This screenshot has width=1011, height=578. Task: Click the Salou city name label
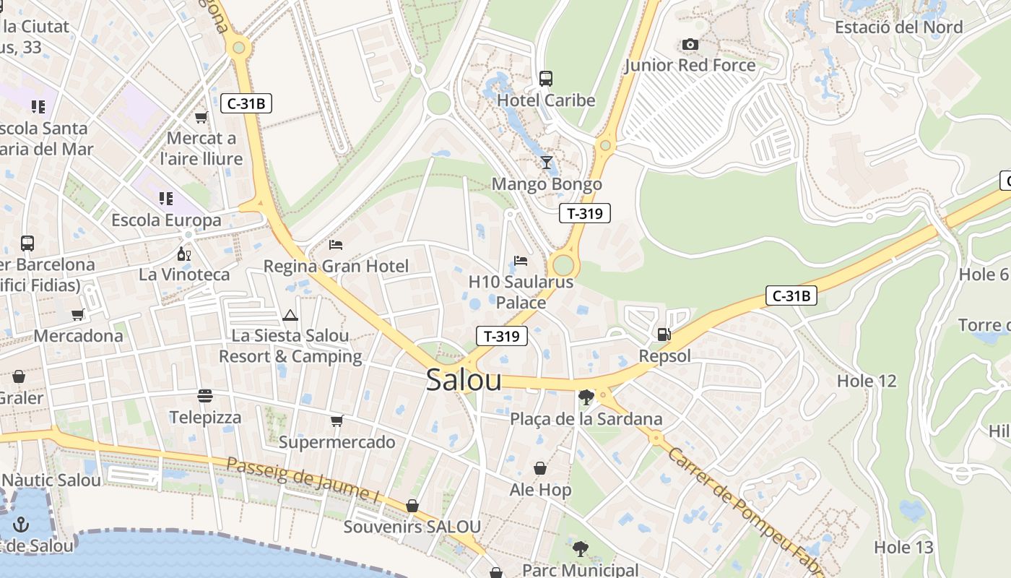[463, 380]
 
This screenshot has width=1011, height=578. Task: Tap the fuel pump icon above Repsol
[663, 334]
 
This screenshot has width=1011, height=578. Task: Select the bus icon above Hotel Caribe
[546, 78]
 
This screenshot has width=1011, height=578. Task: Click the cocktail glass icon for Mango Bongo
[546, 162]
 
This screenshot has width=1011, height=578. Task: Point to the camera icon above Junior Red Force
[690, 45]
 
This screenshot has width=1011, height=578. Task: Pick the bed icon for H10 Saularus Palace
[520, 260]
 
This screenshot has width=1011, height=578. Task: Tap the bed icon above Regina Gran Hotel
[335, 245]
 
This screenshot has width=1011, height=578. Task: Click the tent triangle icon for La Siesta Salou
[290, 315]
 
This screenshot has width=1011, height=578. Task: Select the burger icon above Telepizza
[205, 396]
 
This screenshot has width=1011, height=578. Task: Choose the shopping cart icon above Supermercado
[337, 420]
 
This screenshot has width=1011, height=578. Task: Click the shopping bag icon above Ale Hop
[539, 469]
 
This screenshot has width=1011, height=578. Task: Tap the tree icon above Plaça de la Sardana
[586, 397]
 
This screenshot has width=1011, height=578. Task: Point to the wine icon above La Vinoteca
[184, 254]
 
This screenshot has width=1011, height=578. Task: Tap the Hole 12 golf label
[866, 381]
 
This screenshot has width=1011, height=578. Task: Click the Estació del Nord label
[898, 27]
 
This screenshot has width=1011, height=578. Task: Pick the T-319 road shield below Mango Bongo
[585, 213]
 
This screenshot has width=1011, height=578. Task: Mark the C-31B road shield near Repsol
[791, 296]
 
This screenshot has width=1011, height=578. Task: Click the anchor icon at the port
[21, 523]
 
